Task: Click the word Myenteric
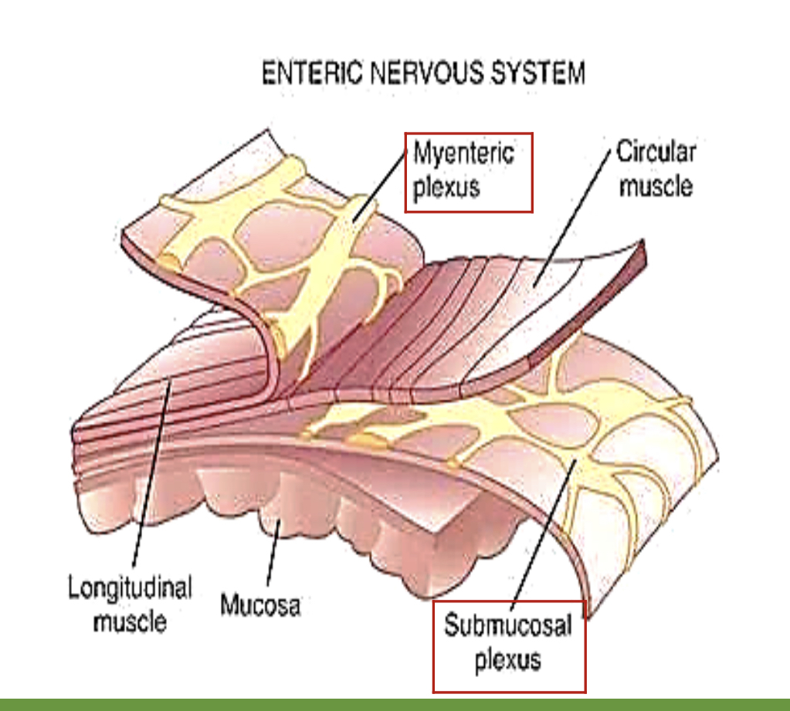pos(463,152)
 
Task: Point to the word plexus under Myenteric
pos(446,187)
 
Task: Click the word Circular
pos(656,152)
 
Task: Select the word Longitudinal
pos(129,588)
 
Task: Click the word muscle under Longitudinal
pos(129,621)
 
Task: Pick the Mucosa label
pos(260,604)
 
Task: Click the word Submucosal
pos(507,625)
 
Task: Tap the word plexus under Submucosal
pos(507,660)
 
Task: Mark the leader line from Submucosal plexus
pos(541,533)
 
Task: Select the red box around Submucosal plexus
pos(434,648)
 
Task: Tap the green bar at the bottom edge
pos(395,703)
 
